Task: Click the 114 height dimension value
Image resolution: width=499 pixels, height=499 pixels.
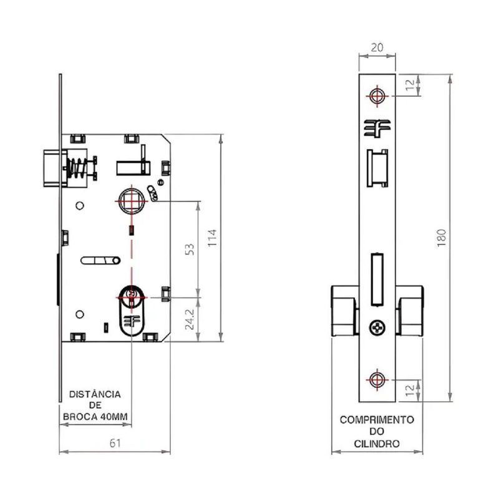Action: [x=212, y=238]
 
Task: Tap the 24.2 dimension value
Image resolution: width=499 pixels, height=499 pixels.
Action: [x=190, y=317]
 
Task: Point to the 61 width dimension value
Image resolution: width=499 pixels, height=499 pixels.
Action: [x=114, y=443]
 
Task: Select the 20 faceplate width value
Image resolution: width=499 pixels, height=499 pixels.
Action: [x=377, y=46]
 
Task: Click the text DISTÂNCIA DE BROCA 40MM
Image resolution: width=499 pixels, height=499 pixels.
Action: [x=95, y=405]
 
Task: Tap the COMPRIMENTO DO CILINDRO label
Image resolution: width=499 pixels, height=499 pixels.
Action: [x=377, y=431]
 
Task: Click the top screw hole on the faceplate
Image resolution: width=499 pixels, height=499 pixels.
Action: [x=377, y=95]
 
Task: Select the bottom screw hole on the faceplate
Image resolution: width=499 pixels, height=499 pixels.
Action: [x=377, y=379]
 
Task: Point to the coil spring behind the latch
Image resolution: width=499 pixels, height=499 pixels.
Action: [x=75, y=168]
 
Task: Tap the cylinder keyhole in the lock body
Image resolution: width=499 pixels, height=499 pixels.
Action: [x=131, y=298]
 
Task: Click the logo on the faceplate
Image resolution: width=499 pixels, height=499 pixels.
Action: [x=377, y=127]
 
